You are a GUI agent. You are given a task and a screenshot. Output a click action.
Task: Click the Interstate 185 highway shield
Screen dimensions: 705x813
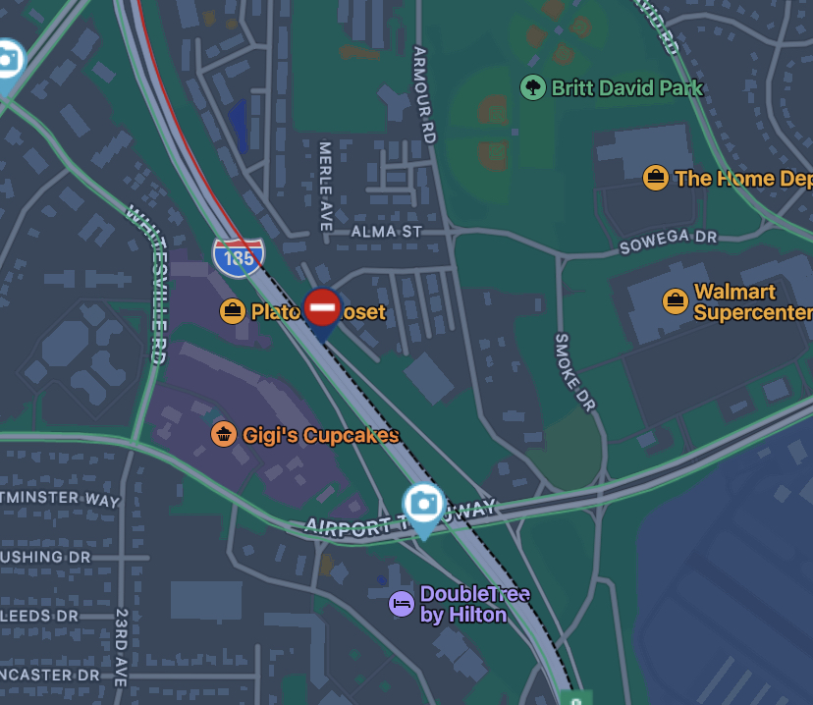tap(238, 256)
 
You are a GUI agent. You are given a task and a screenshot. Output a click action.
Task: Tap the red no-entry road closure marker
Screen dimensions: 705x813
tap(322, 308)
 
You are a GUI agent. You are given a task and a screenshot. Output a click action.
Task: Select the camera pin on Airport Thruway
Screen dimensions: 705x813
tap(424, 505)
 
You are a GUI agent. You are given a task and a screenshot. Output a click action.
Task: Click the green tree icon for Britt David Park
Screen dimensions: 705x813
tap(532, 88)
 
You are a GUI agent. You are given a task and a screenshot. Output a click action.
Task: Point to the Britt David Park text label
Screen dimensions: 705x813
tap(626, 88)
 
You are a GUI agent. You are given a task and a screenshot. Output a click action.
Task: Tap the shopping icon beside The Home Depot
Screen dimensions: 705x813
tap(656, 178)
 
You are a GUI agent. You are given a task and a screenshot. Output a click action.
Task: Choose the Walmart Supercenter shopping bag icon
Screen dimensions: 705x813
tap(676, 300)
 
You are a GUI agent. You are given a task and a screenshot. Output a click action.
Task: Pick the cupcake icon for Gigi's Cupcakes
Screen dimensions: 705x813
tap(224, 434)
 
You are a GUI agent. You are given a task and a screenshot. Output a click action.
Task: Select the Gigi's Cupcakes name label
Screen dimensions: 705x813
tap(322, 435)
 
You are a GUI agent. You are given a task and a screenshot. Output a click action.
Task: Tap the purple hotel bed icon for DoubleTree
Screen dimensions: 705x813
tap(401, 603)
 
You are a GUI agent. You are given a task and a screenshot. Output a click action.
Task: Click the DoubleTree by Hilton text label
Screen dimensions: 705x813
tap(473, 605)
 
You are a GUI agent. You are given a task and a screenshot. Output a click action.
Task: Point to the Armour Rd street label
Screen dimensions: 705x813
tap(424, 95)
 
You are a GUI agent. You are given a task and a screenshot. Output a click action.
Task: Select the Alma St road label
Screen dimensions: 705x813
tap(386, 232)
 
